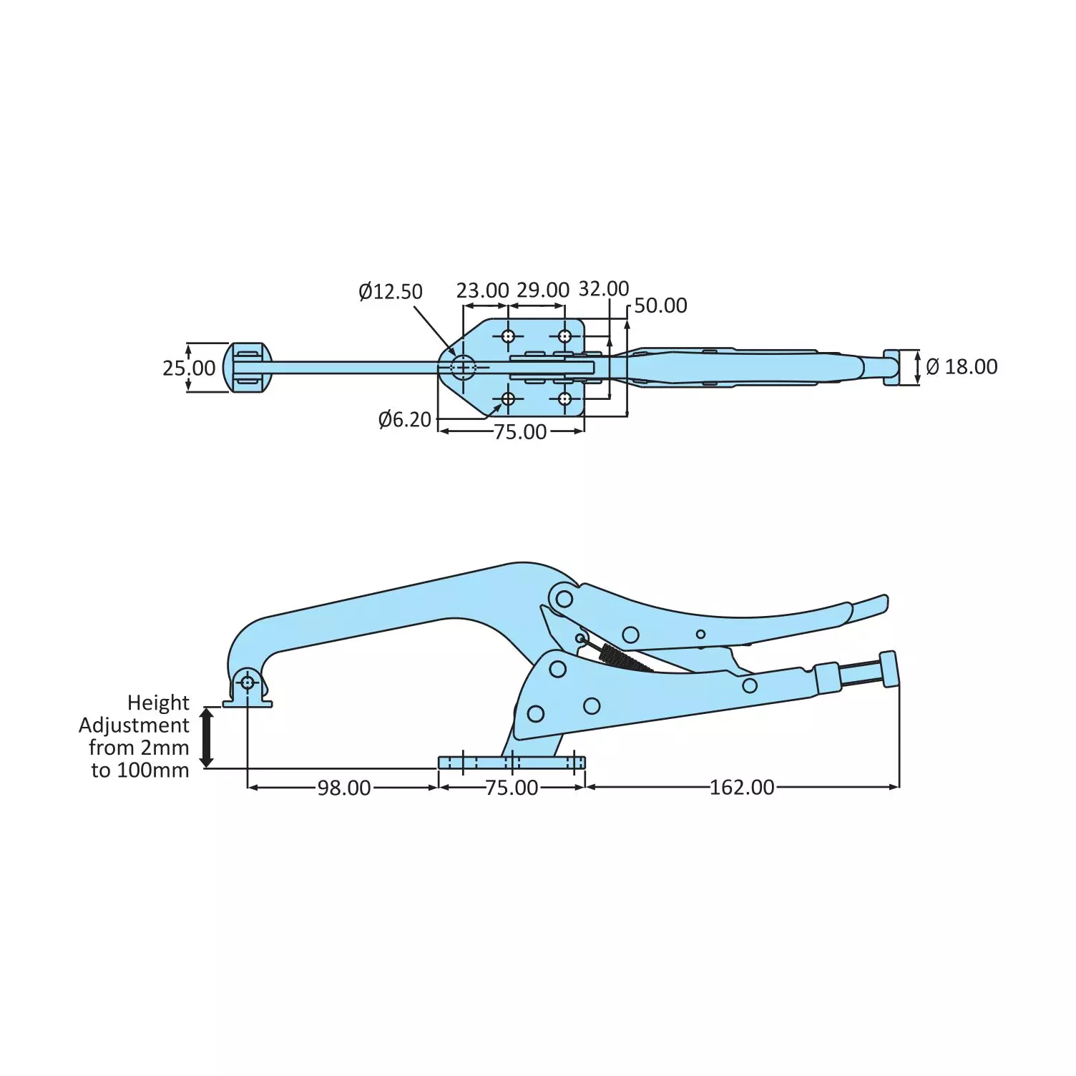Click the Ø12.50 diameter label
click(391, 292)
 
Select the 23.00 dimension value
click(482, 290)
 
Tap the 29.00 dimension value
click(543, 290)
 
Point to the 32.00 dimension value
click(604, 288)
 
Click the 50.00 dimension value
click(660, 305)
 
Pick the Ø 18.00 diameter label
click(962, 367)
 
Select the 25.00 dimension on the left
click(188, 368)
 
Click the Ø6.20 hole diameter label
click(405, 419)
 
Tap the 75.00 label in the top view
click(520, 432)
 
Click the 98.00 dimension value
click(344, 788)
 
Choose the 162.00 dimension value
click(742, 788)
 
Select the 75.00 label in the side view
click(512, 788)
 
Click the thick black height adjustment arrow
click(207, 737)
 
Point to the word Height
click(158, 703)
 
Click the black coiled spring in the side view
click(619, 656)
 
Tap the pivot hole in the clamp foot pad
click(248, 683)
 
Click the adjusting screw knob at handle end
click(889, 669)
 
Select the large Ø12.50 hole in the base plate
click(463, 368)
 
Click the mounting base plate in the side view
click(512, 763)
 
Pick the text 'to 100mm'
click(140, 771)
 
